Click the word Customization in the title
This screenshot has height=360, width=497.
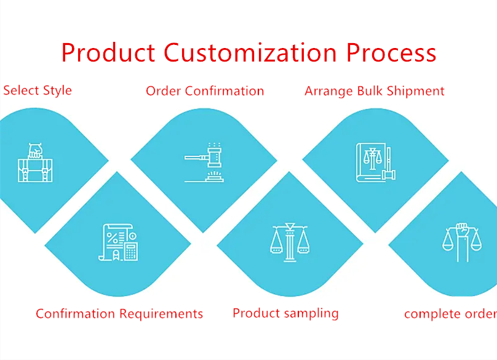click(x=250, y=53)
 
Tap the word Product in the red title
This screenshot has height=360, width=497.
click(x=108, y=53)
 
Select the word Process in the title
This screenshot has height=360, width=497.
click(x=391, y=53)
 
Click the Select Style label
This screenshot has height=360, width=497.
click(x=38, y=90)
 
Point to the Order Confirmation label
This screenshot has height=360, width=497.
click(x=205, y=91)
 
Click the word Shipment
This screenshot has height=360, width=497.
click(x=416, y=91)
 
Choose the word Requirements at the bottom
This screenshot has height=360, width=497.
click(x=161, y=314)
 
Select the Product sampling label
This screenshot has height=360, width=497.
click(x=285, y=313)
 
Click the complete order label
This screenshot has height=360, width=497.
click(x=450, y=314)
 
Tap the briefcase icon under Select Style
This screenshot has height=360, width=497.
click(x=35, y=162)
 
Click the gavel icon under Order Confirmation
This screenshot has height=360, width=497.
click(x=204, y=162)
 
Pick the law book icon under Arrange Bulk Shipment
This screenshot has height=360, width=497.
click(x=376, y=162)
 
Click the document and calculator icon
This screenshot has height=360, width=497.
click(x=118, y=242)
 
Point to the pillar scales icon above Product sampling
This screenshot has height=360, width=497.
click(x=290, y=242)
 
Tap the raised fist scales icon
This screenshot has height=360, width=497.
click(x=462, y=242)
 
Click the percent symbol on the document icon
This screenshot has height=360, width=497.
click(x=112, y=238)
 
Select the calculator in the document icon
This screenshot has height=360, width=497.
click(x=131, y=252)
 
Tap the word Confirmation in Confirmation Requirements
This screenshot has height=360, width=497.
click(x=76, y=314)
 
